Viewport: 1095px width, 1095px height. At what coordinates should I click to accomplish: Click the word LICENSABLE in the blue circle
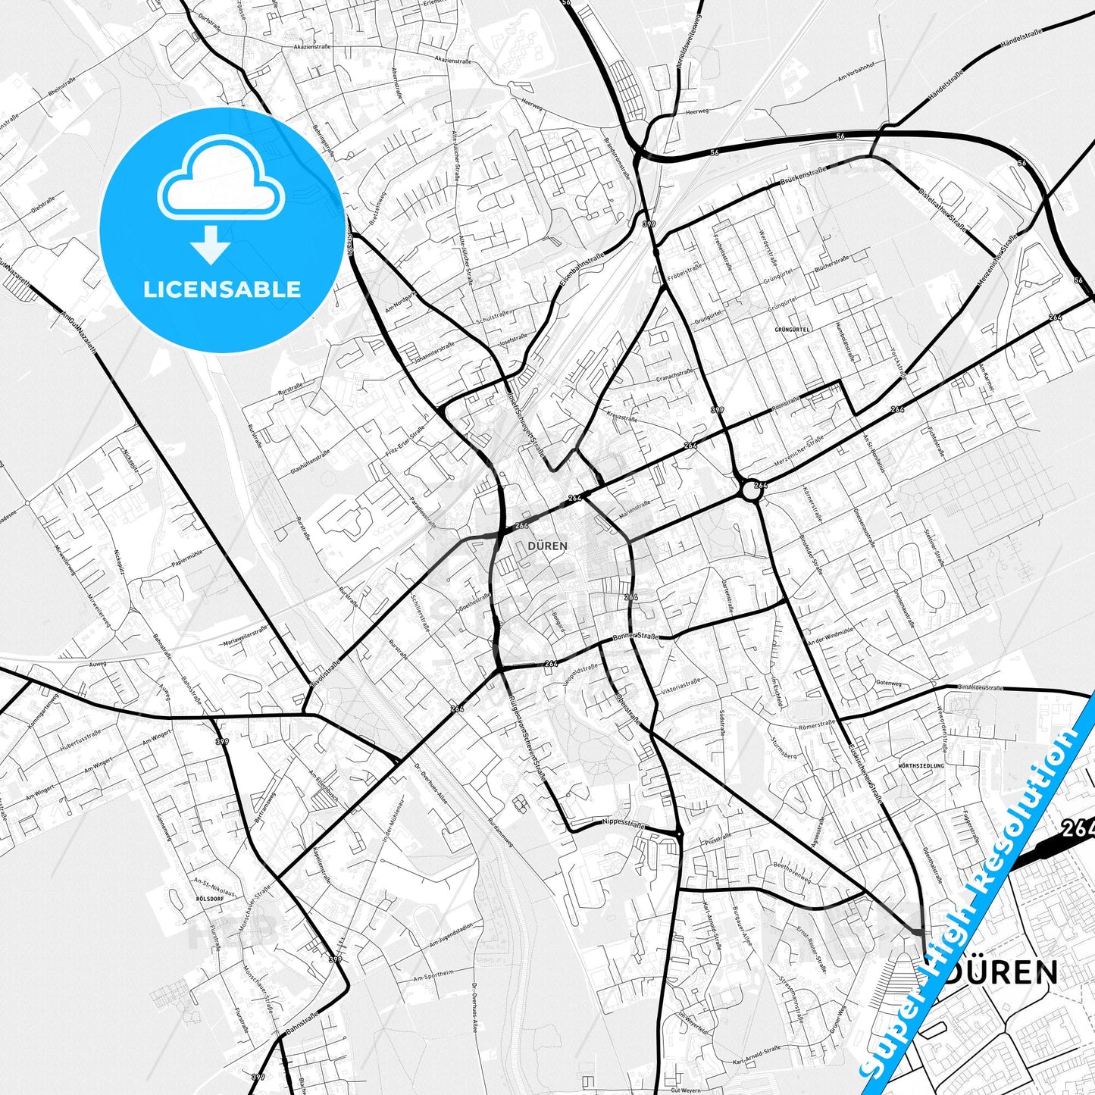tap(222, 289)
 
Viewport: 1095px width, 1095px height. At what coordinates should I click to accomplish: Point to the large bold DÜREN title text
tap(1000, 972)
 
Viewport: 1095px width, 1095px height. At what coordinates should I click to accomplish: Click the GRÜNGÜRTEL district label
tap(793, 330)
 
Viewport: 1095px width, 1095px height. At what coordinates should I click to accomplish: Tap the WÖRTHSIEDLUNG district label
tap(921, 765)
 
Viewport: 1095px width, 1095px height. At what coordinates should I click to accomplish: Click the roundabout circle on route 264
tap(750, 490)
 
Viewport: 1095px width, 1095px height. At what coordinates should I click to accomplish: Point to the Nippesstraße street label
tap(623, 821)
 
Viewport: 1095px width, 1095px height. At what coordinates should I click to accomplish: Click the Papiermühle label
tap(186, 555)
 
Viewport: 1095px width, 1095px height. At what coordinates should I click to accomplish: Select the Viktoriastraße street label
tap(680, 687)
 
